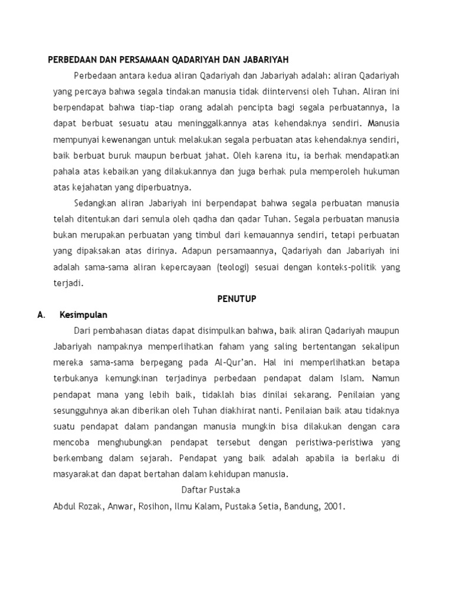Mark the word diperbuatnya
click(x=163, y=187)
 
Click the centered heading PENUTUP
click(x=235, y=298)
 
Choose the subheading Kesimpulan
click(x=83, y=314)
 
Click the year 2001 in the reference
click(x=333, y=505)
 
